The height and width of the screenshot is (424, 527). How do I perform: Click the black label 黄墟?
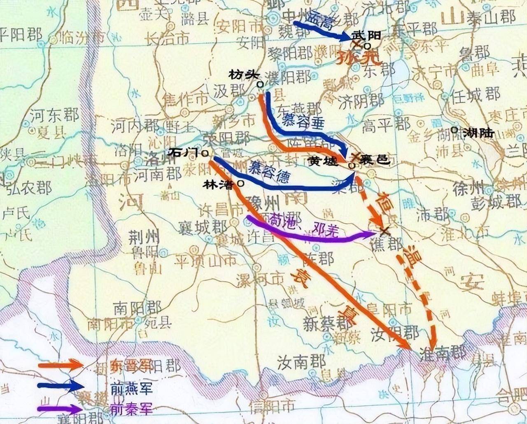[325, 160]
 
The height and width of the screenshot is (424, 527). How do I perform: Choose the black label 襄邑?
[375, 160]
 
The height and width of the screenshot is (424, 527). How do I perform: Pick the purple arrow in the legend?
[60, 409]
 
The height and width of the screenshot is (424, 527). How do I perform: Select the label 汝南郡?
[301, 362]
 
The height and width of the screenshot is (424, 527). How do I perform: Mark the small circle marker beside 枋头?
[260, 84]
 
